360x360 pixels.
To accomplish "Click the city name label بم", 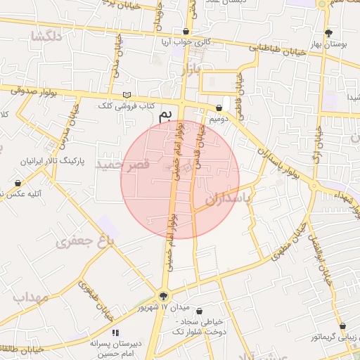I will point(165,115).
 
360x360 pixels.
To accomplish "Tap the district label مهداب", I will point(30,297).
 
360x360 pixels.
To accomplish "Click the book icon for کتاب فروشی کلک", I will point(127,95).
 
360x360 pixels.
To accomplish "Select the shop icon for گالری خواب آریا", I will point(186,32).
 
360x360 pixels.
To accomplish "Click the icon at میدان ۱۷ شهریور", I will point(164,296).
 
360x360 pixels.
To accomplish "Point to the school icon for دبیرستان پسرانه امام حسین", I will point(115,332).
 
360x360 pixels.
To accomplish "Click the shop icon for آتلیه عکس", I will point(18,183).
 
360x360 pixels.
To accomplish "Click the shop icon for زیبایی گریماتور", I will point(343,326).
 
